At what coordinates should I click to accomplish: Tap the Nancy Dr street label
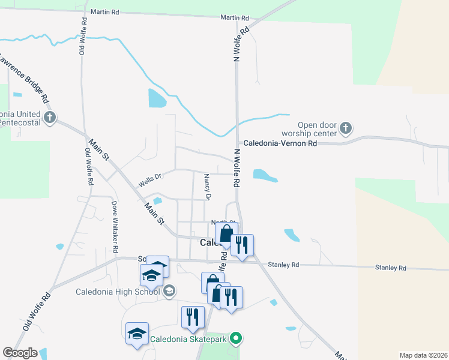click(x=208, y=187)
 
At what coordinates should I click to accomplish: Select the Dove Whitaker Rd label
click(x=114, y=226)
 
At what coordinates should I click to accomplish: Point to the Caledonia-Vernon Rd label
click(x=280, y=144)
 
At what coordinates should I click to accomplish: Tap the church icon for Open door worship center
click(x=345, y=127)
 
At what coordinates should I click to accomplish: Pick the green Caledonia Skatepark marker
click(x=237, y=339)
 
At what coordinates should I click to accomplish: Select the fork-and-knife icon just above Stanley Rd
click(x=242, y=245)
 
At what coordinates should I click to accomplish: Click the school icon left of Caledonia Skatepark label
click(x=137, y=334)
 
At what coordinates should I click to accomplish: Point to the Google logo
click(x=19, y=353)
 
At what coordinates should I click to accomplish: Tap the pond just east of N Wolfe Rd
click(x=265, y=175)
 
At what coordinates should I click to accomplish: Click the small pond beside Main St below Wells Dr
click(x=157, y=201)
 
